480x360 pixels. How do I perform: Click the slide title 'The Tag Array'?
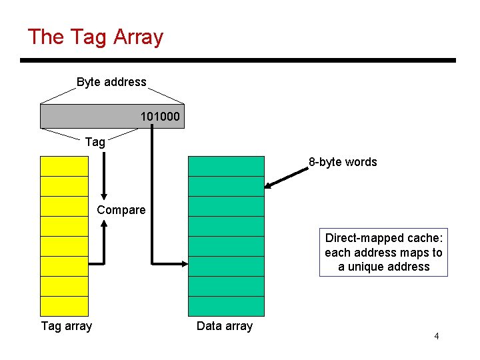(95, 37)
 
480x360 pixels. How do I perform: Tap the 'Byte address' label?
(111, 82)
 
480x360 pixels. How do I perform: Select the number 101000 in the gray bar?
(159, 117)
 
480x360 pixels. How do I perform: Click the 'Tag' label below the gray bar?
(95, 141)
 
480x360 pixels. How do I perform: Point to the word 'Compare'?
(121, 210)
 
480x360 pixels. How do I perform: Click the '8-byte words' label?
(342, 162)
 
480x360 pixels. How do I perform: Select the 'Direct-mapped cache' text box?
(383, 253)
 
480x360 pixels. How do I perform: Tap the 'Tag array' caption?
(67, 326)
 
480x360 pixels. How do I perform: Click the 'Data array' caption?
(225, 326)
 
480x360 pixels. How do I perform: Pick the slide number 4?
(436, 336)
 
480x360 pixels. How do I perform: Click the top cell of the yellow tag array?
(64, 166)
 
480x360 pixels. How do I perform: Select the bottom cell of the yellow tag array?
(64, 306)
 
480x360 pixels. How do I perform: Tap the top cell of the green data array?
(226, 166)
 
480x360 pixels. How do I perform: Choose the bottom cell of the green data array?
(226, 306)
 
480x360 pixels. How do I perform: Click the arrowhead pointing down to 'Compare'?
(104, 194)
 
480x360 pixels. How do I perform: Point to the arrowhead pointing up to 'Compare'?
(104, 225)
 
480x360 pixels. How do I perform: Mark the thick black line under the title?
(237, 61)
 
